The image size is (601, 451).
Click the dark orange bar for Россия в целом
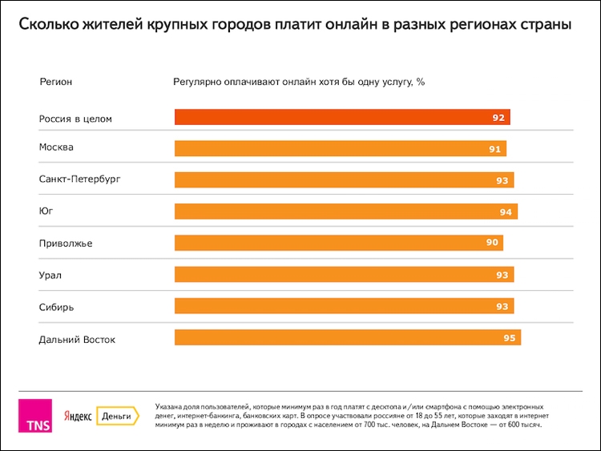coord(342,118)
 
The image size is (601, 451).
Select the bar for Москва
coord(340,149)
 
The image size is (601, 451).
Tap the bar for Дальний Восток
coord(347,337)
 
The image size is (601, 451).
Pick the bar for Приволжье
coord(338,243)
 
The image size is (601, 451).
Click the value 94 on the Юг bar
coord(506,211)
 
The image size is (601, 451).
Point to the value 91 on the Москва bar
coord(494,149)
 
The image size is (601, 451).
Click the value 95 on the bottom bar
coord(509,337)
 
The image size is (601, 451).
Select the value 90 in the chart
coord(491,243)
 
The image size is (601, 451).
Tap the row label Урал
coord(50,275)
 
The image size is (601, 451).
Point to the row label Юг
coord(46,211)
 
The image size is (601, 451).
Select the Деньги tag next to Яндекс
coord(117,416)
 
